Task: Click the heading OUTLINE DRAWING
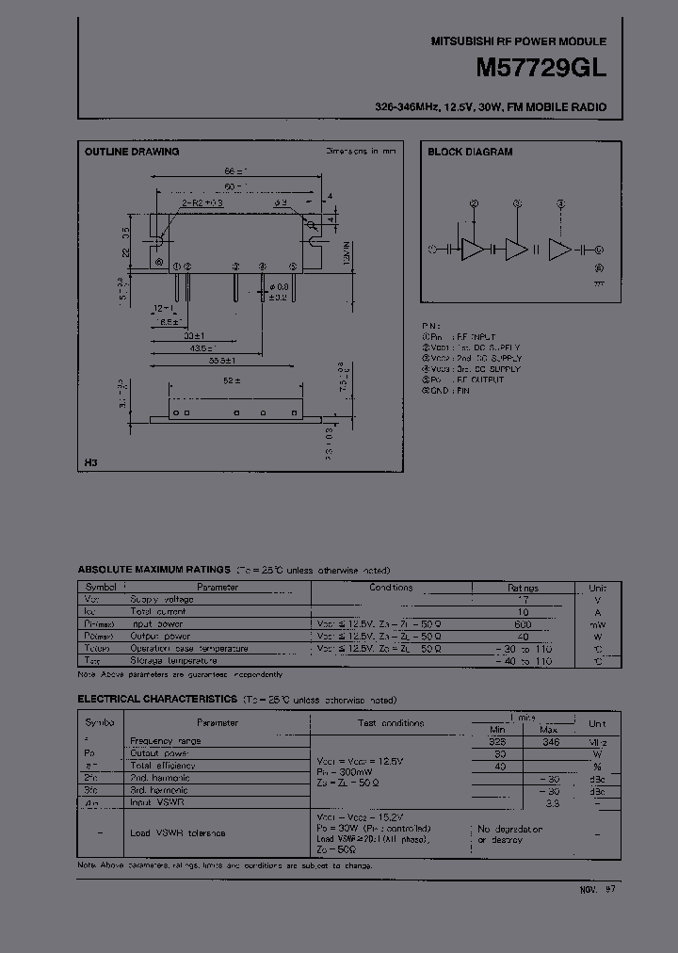click(132, 152)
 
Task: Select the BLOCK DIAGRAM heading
click(470, 152)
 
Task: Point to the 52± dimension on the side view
click(232, 380)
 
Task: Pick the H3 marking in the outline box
click(89, 463)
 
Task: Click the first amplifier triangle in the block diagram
click(473, 249)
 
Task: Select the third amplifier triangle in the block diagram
click(560, 249)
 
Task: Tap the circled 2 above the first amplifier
click(474, 202)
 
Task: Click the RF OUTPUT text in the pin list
click(475, 380)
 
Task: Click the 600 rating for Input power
click(523, 623)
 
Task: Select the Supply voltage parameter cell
click(162, 599)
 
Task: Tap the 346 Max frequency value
click(551, 741)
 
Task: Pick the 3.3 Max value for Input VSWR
click(554, 802)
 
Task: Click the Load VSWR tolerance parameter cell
click(178, 832)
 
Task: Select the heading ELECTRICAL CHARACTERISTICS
click(156, 700)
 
